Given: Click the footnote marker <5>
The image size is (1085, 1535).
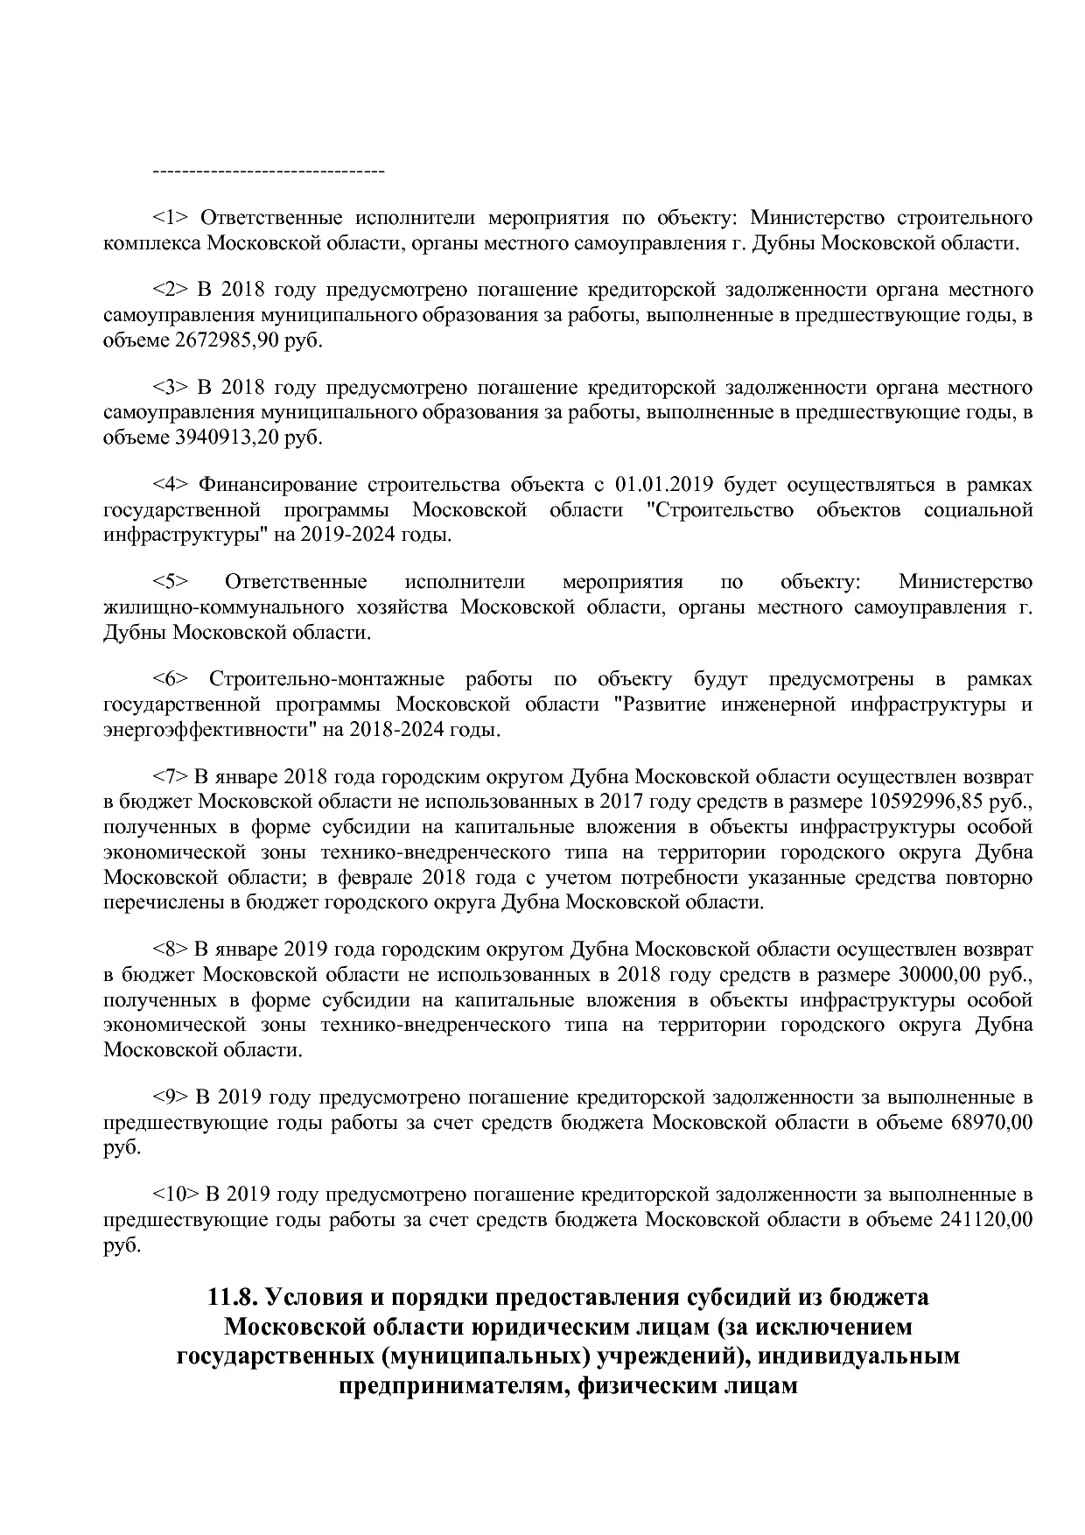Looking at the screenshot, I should click(x=171, y=582).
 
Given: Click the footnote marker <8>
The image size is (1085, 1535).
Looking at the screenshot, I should click(x=171, y=949).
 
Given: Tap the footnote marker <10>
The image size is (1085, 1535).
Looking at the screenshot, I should click(x=175, y=1194).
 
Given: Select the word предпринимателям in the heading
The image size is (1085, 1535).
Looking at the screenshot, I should click(x=443, y=1386).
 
